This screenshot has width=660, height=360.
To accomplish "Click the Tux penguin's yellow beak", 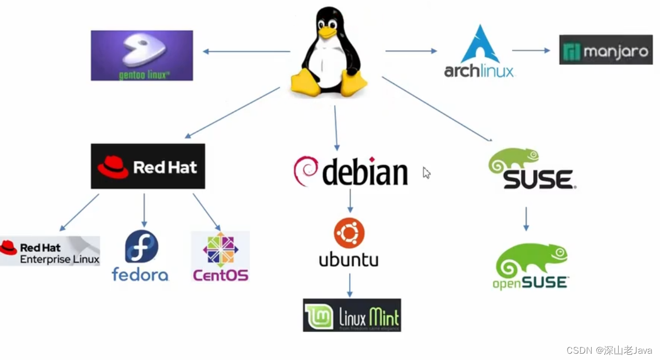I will pyautogui.click(x=327, y=32).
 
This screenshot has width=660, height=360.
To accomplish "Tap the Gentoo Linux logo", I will pyautogui.click(x=142, y=55).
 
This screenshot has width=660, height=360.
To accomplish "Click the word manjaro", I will pyautogui.click(x=616, y=51).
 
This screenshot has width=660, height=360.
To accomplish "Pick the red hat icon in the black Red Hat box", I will pyautogui.click(x=113, y=167).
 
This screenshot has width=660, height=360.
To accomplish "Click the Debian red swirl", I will pyautogui.click(x=306, y=171).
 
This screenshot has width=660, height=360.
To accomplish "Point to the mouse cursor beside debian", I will pyautogui.click(x=426, y=172).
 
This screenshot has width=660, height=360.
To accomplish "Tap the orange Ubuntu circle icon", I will pyautogui.click(x=349, y=233).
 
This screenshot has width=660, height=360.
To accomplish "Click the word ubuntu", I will pyautogui.click(x=349, y=259).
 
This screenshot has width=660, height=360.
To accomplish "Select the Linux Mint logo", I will pyautogui.click(x=351, y=315).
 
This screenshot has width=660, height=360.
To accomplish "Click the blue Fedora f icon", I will pyautogui.click(x=142, y=247).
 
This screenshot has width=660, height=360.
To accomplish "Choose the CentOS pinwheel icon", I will pyautogui.click(x=220, y=250).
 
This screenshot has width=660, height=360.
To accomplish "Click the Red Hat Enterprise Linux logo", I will pyautogui.click(x=50, y=251).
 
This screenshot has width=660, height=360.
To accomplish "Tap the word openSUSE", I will pyautogui.click(x=530, y=283).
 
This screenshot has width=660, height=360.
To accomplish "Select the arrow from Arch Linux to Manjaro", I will pyautogui.click(x=531, y=51).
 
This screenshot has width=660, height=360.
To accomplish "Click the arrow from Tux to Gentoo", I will pyautogui.click(x=246, y=51).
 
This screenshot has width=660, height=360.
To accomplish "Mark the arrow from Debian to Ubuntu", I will pyautogui.click(x=350, y=201).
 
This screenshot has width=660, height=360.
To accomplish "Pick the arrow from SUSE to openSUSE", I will pyautogui.click(x=526, y=219).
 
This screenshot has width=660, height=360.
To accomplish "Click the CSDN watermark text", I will pyautogui.click(x=609, y=350).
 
